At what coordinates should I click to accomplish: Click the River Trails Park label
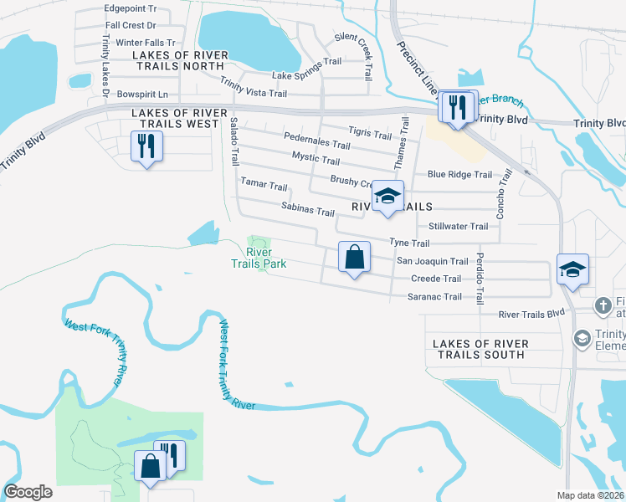(259, 258)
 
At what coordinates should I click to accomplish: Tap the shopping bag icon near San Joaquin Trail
(355, 256)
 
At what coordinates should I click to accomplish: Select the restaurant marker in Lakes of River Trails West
(147, 147)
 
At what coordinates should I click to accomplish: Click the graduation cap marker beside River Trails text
(387, 197)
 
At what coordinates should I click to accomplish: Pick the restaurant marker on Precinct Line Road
(457, 106)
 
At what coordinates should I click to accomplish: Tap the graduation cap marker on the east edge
(572, 269)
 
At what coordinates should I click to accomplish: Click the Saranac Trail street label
(434, 297)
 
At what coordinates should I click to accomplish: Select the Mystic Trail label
(316, 158)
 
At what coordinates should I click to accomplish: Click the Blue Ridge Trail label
(459, 175)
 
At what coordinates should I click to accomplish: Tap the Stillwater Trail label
(458, 227)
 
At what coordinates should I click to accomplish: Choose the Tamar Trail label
(264, 185)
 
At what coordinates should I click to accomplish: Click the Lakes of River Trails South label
(481, 350)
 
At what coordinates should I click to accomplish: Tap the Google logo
(28, 491)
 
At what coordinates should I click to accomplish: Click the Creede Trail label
(435, 279)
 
